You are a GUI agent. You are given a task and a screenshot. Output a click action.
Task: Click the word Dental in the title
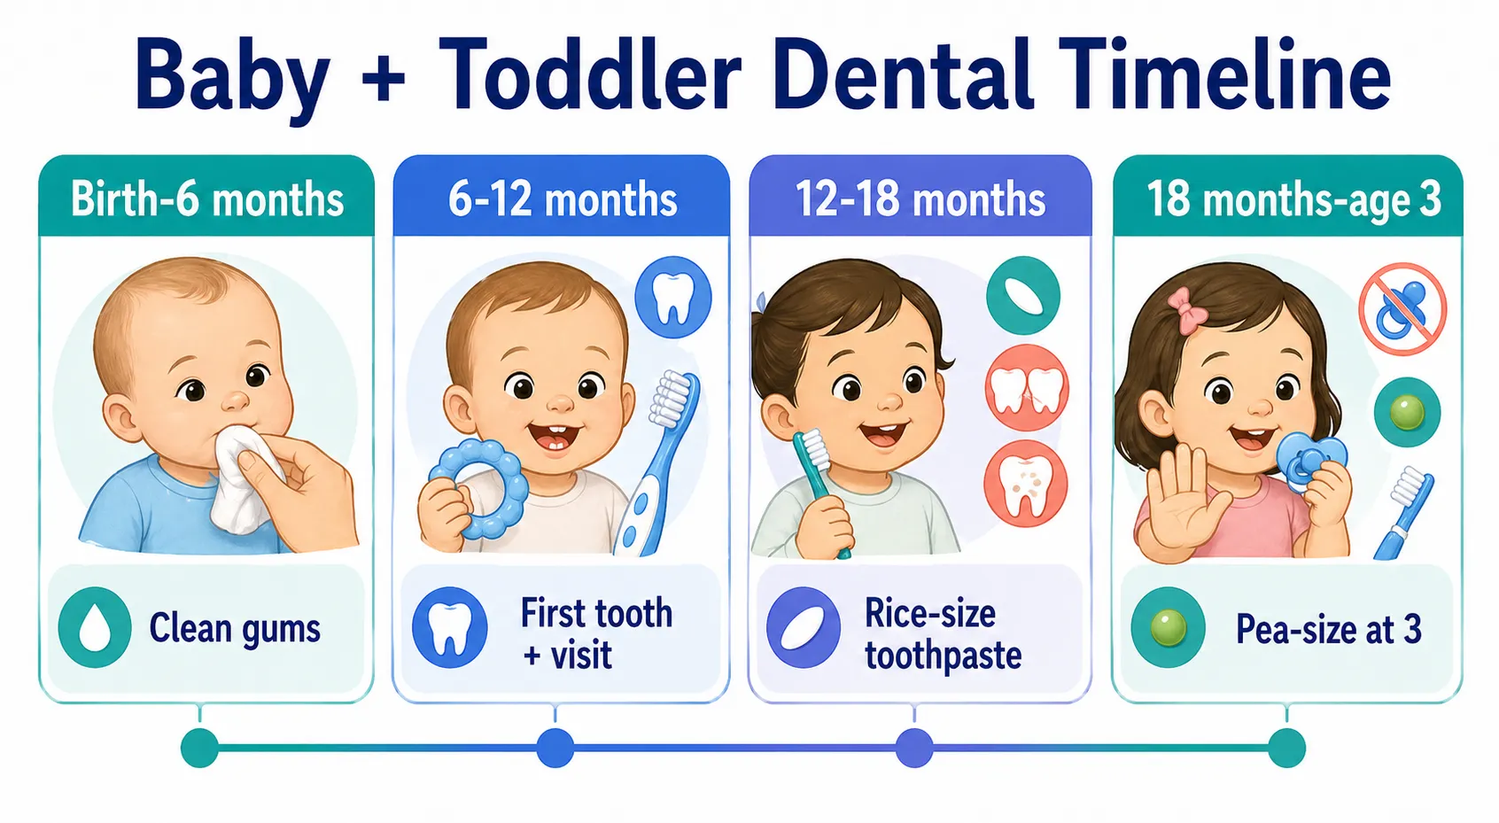pos(903,75)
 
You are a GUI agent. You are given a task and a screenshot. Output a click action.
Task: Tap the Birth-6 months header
pos(207,199)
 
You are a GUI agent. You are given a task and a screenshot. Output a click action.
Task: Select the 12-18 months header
pos(920,199)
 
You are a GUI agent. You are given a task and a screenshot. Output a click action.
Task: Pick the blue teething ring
pos(479,489)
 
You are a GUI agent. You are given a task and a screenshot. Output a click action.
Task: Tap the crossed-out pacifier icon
pos(1402,309)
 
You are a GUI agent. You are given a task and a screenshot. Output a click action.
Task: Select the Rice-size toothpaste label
pos(943,634)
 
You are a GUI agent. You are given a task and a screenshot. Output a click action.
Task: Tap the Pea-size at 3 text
pos(1328,630)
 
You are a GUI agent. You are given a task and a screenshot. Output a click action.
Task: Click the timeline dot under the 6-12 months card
pos(555,749)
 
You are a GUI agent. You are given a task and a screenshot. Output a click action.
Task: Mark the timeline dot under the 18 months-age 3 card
pos(1286,749)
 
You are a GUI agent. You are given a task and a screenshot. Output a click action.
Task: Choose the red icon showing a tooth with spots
pos(1026,485)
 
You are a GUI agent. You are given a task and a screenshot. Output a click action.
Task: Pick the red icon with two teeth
pos(1026,388)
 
